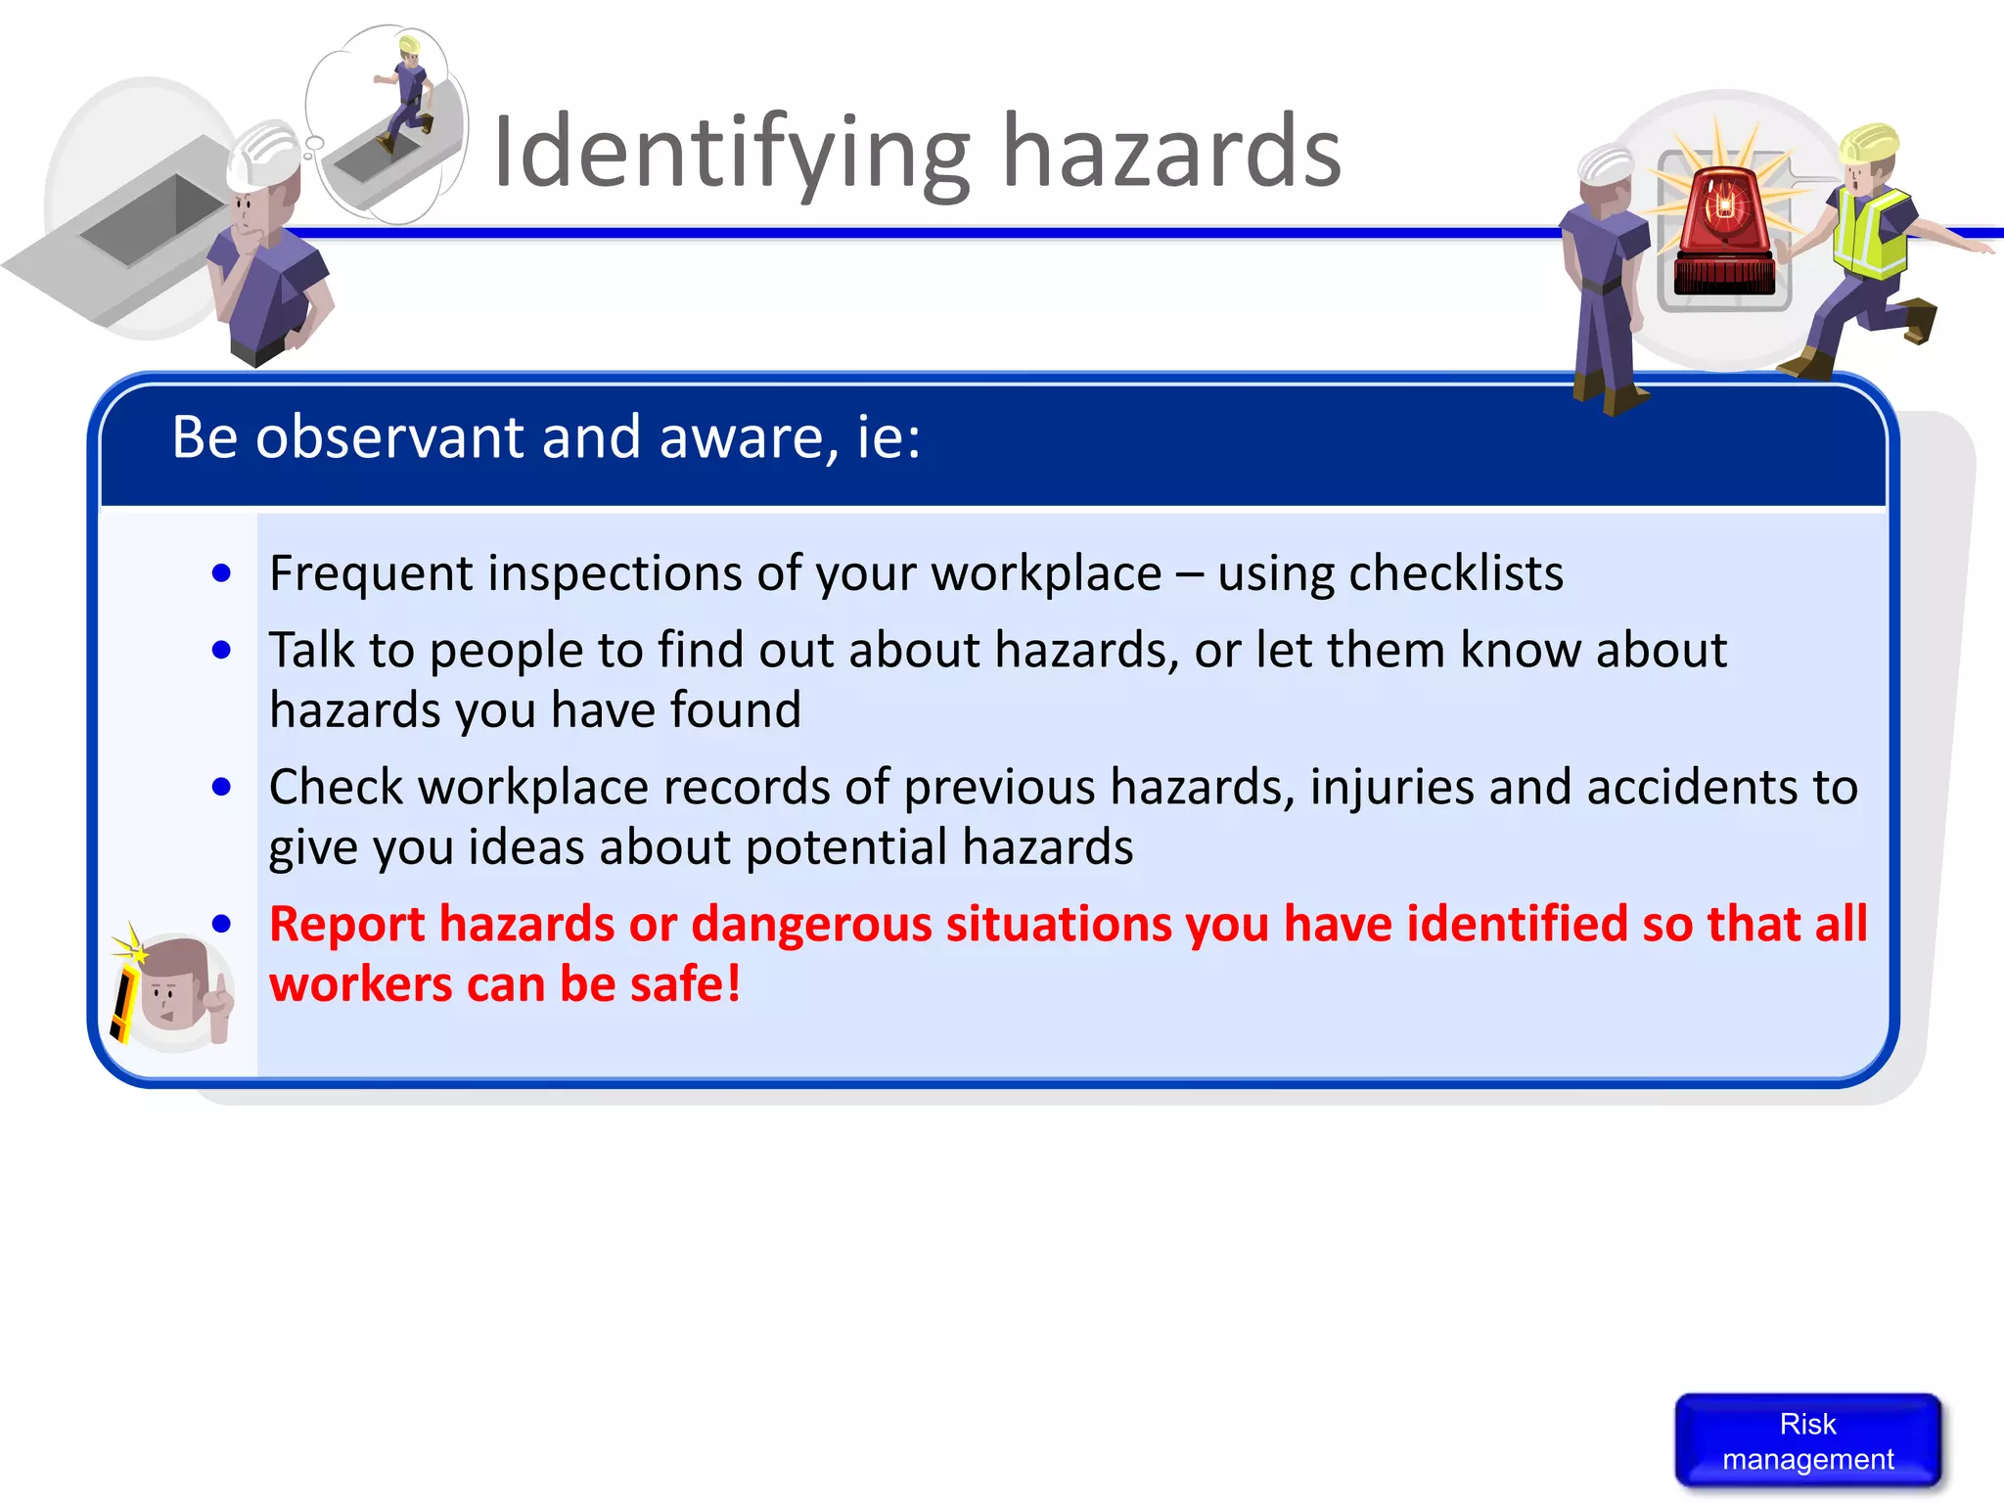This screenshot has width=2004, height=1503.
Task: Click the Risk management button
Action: [1807, 1440]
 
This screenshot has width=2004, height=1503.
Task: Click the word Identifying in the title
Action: [730, 153]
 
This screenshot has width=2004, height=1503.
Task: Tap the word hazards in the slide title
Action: [1171, 153]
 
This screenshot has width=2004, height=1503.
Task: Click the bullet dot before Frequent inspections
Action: [222, 573]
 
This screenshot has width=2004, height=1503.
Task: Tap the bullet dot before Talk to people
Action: [222, 650]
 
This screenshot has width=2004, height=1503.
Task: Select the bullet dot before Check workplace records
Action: [222, 787]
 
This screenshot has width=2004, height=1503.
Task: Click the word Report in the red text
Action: [346, 925]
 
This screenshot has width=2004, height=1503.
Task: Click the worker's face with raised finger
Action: [176, 990]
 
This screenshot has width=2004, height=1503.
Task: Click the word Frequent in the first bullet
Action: [371, 573]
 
